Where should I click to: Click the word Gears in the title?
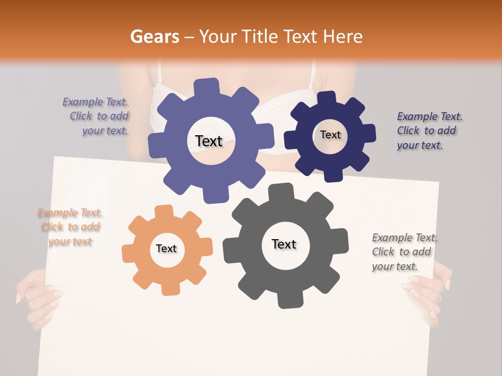(154, 37)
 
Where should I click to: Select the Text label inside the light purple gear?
(209, 141)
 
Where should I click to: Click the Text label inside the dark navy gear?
(330, 135)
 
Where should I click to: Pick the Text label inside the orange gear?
(166, 249)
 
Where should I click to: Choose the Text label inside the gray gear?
(284, 244)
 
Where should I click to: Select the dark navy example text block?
(428, 131)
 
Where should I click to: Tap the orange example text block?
(70, 227)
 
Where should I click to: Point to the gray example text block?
(404, 252)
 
